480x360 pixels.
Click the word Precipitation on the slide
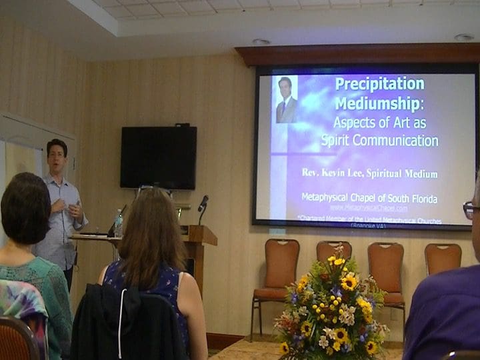[x=379, y=84]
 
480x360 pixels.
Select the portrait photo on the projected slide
[x=287, y=99]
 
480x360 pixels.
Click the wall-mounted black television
[x=158, y=157]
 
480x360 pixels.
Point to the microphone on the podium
[x=203, y=203]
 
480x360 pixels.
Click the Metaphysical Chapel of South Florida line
[x=369, y=198]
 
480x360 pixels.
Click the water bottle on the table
[x=119, y=223]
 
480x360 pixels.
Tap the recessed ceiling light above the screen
[x=261, y=42]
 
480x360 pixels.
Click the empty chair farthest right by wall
[x=443, y=259]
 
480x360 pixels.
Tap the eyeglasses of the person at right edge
[x=471, y=210]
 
